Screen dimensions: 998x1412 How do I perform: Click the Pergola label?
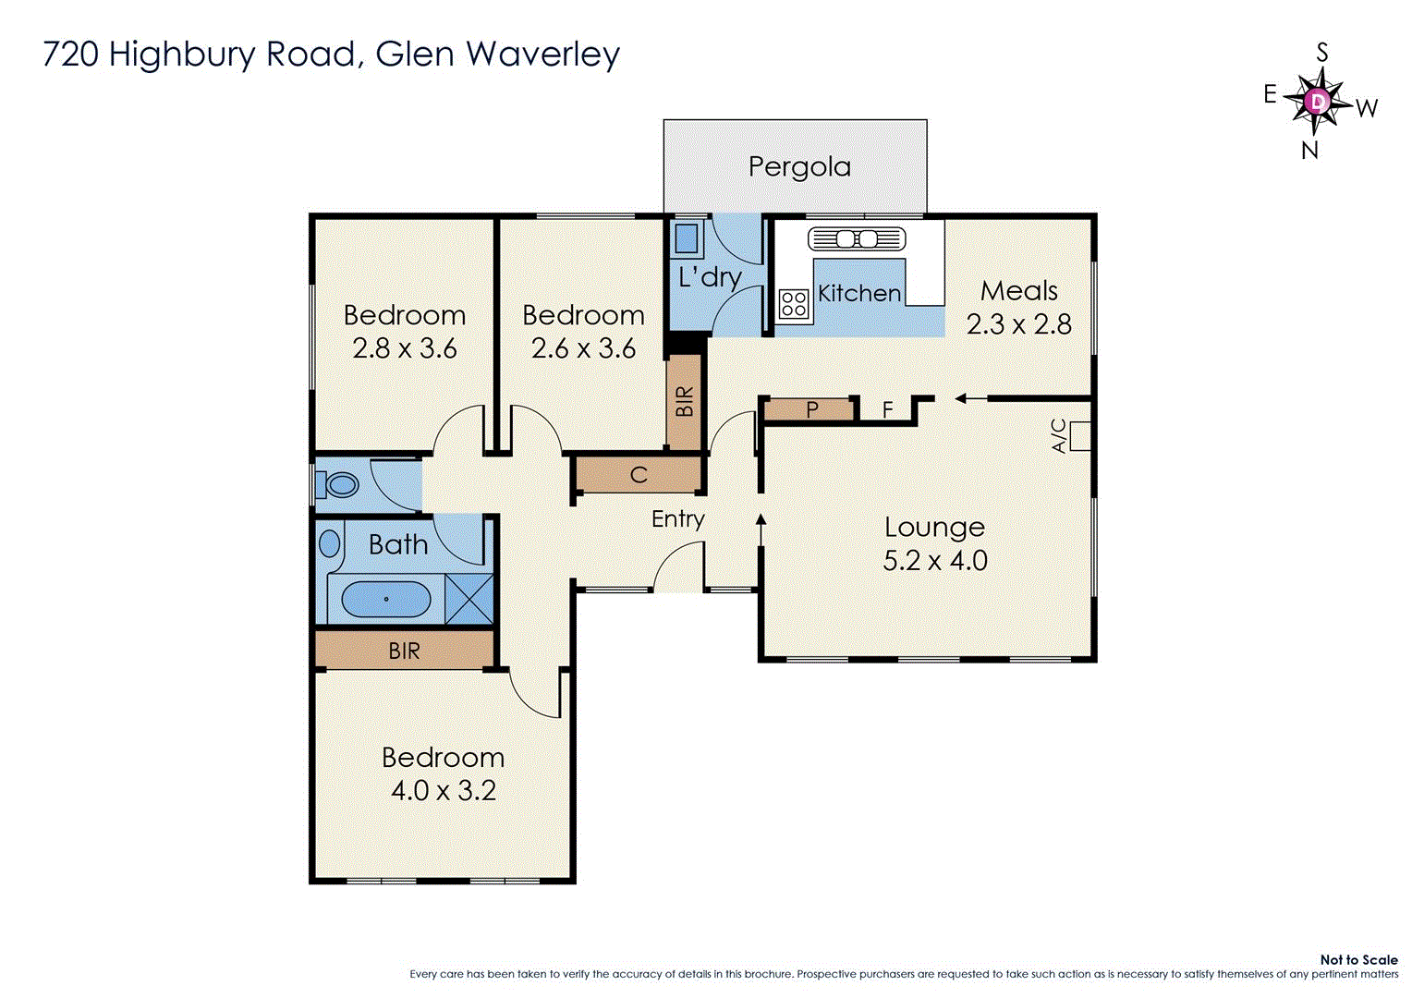(x=799, y=167)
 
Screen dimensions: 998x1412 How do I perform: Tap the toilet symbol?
(x=339, y=484)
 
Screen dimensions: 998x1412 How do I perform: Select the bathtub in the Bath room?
(x=385, y=600)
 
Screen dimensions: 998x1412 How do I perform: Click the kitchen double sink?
(x=856, y=239)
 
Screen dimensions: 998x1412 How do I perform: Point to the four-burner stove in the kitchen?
(x=793, y=304)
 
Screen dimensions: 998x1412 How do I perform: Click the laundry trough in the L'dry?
(x=686, y=238)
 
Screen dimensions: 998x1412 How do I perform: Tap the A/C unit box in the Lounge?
(x=1079, y=436)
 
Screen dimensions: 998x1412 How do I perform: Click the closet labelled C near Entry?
(x=639, y=476)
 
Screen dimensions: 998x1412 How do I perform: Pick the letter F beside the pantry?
(x=887, y=409)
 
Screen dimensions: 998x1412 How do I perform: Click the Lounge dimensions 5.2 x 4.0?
(x=935, y=561)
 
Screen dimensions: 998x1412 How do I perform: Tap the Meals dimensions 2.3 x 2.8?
(x=1018, y=324)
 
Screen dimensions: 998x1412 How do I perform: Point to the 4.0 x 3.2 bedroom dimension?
(x=443, y=791)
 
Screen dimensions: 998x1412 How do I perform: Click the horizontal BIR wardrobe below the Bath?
(x=404, y=651)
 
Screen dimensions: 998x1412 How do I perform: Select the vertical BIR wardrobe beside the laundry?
(x=685, y=402)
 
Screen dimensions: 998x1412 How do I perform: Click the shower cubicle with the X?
(x=469, y=599)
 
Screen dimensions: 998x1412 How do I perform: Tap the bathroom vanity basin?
(x=330, y=544)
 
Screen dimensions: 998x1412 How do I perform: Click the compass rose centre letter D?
(x=1319, y=100)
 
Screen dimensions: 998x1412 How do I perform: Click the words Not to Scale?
(x=1357, y=960)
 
